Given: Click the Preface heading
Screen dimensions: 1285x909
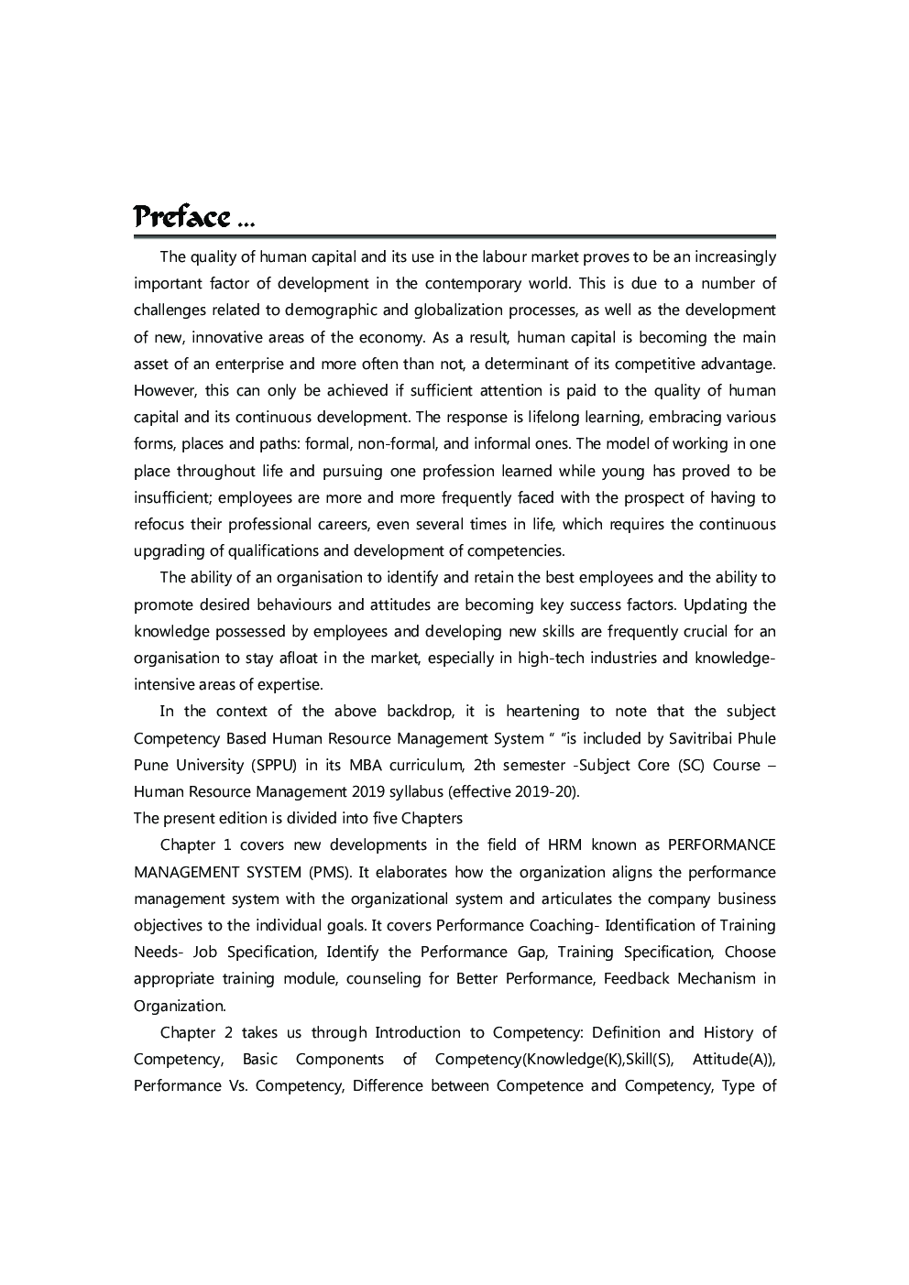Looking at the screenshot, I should (x=181, y=217).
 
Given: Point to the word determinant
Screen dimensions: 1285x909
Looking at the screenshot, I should (x=531, y=364).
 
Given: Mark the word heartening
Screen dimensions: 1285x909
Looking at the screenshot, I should (x=542, y=712).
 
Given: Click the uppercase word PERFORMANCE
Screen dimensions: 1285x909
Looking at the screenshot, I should (x=721, y=845).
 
